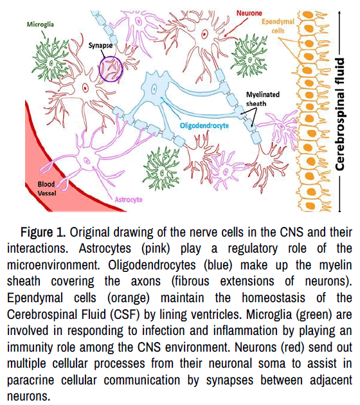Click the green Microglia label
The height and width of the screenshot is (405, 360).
tap(40, 24)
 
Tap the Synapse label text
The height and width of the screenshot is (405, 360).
tap(100, 46)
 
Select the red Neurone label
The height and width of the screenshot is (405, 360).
tap(249, 13)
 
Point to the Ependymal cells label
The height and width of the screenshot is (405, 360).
tap(278, 26)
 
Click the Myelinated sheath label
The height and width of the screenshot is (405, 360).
tap(263, 99)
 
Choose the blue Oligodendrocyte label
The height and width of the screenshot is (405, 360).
tap(204, 125)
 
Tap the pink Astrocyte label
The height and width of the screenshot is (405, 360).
tap(129, 199)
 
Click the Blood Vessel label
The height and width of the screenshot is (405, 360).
tap(46, 188)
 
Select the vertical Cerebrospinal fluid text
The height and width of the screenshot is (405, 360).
tap(339, 114)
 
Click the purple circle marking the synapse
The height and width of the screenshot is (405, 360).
tap(100, 69)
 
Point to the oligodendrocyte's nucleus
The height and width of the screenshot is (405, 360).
tap(154, 89)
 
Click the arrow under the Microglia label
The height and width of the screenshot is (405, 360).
tap(43, 34)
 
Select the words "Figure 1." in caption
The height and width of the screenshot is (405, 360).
tap(43, 232)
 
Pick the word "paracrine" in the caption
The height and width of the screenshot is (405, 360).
tap(31, 380)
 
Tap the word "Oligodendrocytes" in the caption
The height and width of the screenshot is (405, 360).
tap(152, 265)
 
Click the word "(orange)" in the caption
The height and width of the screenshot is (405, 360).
tap(129, 298)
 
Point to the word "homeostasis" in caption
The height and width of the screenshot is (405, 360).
tap(273, 298)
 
